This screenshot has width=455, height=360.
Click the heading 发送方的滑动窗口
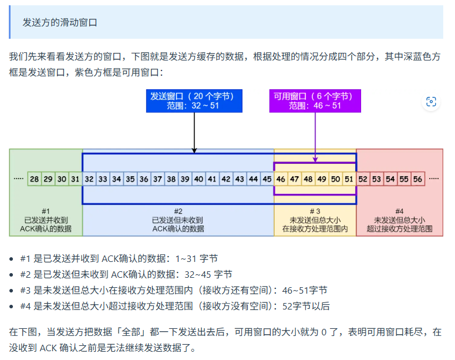coord(60,22)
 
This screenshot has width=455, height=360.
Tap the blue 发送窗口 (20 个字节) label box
coord(194,100)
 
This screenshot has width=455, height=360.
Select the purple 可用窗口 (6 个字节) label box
coord(315,100)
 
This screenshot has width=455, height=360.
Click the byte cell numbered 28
coord(35,179)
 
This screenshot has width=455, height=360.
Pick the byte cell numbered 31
coord(75,179)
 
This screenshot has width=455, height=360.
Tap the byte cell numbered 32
coord(89,179)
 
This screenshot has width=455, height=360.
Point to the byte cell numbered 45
coord(267,179)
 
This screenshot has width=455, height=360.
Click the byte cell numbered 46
coord(281,179)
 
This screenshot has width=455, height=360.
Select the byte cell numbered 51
coord(349,179)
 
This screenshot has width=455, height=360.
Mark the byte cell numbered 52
coord(363,179)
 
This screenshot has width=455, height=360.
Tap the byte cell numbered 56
coord(417,179)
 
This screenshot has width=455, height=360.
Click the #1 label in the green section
coord(46,211)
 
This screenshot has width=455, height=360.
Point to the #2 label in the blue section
coord(178,211)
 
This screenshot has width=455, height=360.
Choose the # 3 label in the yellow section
coord(315,211)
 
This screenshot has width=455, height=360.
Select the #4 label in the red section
coord(399,211)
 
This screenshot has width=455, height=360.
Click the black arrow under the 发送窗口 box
coord(194,132)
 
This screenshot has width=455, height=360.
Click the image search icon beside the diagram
coord(431,102)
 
